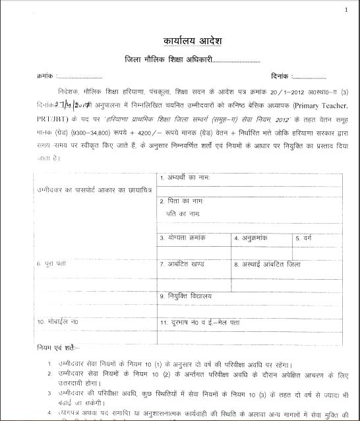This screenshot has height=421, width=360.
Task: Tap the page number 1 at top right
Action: [x=345, y=10]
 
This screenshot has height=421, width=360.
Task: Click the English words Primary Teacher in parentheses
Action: [x=316, y=105]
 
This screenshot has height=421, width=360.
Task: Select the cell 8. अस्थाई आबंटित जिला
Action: [x=268, y=263]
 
